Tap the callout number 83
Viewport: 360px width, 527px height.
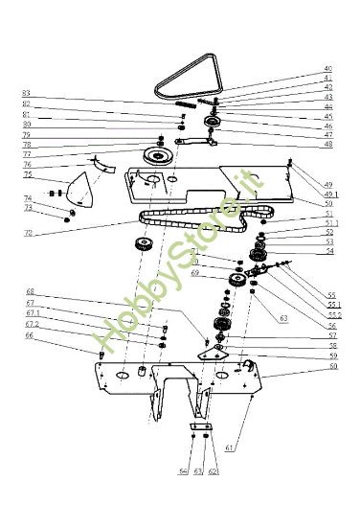27,93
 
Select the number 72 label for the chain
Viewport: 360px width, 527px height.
28,233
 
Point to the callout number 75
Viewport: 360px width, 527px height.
28,175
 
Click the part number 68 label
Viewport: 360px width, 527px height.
30,291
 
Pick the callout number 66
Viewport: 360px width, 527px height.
29,335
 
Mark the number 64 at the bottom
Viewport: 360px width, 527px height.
183,471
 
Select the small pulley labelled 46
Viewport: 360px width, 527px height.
213,123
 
